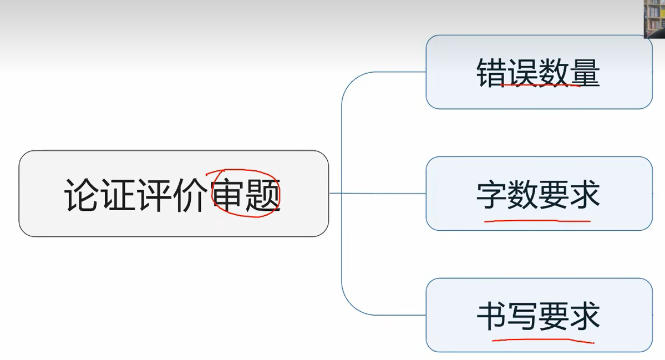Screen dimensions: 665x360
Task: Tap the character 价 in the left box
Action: [191, 195]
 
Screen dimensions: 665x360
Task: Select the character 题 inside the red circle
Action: [263, 196]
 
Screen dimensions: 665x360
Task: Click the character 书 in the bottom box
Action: [492, 316]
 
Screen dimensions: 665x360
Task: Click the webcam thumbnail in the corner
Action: [654, 18]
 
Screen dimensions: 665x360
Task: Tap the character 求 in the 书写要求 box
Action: [585, 316]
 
